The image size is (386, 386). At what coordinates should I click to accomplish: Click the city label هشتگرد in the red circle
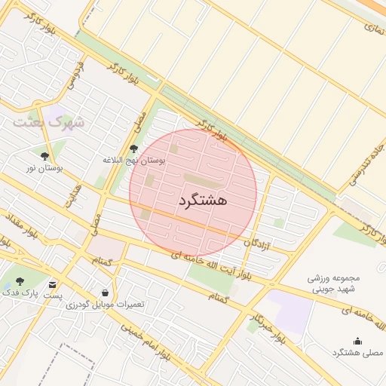coord(204,201)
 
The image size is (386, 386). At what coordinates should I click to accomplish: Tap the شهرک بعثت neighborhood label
coord(53,121)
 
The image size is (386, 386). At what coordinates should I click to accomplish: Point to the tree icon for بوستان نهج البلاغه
coord(133,149)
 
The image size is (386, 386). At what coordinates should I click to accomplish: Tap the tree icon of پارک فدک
coord(20,280)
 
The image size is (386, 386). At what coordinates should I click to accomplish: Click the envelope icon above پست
coord(52,285)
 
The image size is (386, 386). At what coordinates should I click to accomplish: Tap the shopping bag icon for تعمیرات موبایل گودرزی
coord(104,293)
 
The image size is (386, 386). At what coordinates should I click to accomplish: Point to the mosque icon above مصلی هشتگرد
coord(357,342)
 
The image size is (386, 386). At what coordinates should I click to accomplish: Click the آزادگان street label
coord(258,244)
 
